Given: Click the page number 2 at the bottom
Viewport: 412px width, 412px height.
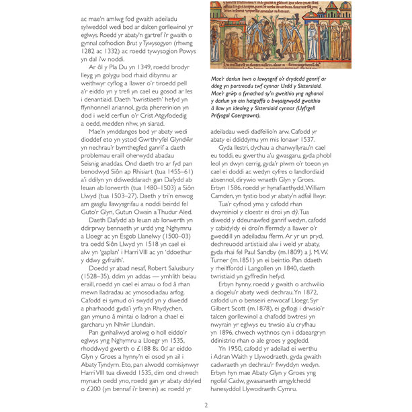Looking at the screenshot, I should [x=206, y=405].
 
